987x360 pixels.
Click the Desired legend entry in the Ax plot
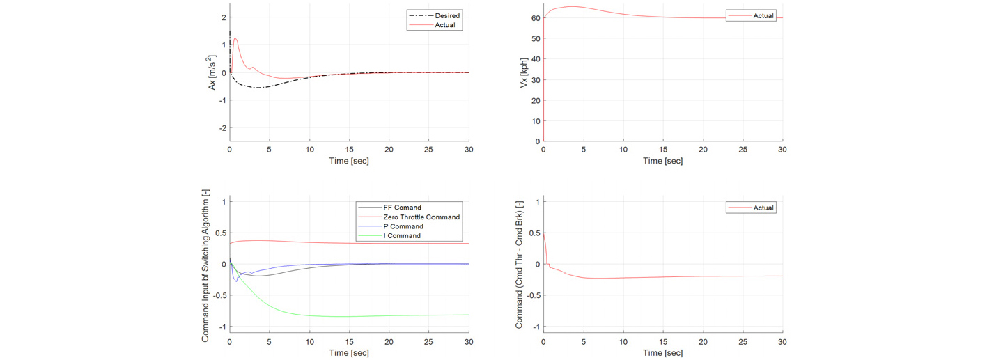point(446,15)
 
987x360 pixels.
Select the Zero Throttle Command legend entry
point(421,217)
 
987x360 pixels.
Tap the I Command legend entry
point(402,236)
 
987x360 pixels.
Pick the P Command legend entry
point(403,226)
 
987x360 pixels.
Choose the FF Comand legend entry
point(402,208)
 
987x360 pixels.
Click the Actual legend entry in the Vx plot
point(763,16)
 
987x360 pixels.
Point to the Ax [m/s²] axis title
point(212,72)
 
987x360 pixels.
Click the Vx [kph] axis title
point(524,72)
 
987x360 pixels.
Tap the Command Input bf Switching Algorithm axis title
point(205,266)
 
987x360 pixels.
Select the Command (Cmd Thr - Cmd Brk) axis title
point(519,265)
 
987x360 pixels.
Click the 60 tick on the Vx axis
point(536,18)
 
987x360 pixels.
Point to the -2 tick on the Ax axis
point(222,128)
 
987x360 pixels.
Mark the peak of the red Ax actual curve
point(235,38)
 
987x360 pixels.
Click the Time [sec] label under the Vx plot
point(662,161)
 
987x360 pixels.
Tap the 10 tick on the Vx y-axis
point(536,121)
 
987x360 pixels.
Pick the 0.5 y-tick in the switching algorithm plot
point(221,233)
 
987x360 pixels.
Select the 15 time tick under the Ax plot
point(349,150)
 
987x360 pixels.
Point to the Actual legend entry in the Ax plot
point(445,25)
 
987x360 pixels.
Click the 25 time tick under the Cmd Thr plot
point(743,342)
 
